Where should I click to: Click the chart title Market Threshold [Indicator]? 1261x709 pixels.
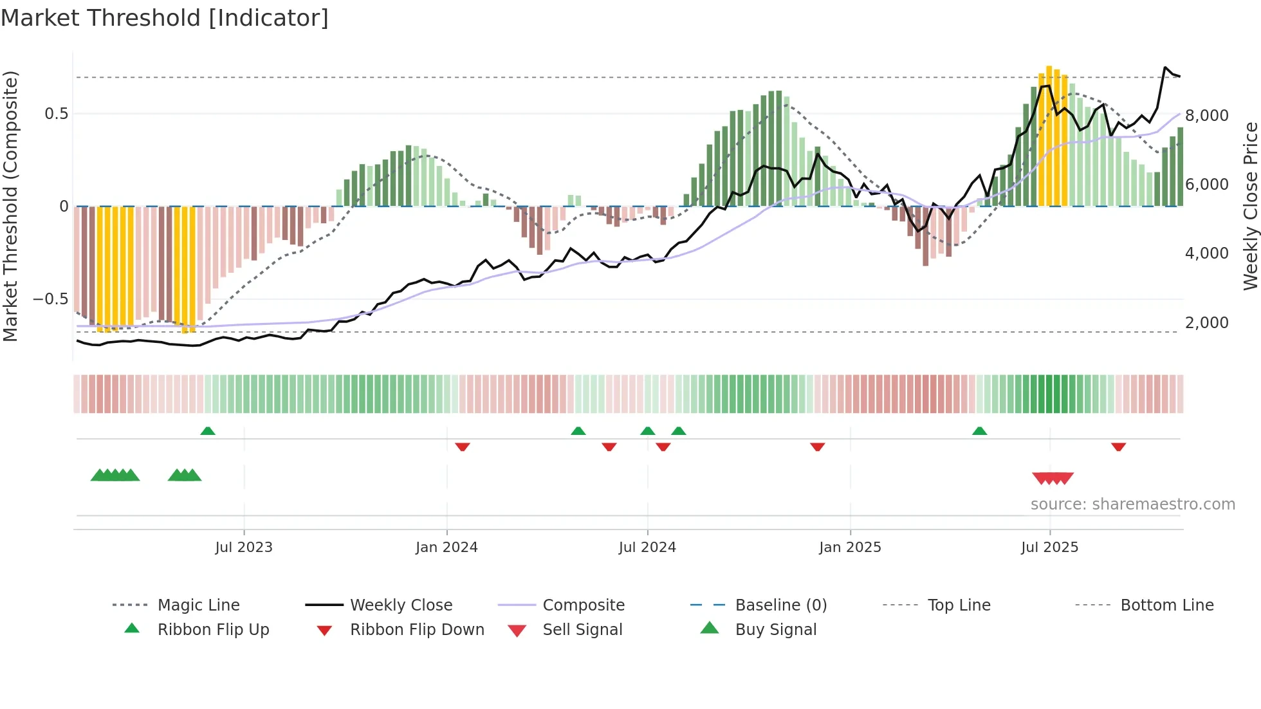[x=165, y=18]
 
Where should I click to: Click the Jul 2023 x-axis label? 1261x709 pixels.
[x=244, y=548]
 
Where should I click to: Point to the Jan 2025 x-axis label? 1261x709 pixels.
[x=850, y=548]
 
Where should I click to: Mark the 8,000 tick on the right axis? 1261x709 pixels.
[x=1206, y=116]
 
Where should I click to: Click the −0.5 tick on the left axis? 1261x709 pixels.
[x=50, y=299]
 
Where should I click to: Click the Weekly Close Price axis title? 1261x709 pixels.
[x=1250, y=206]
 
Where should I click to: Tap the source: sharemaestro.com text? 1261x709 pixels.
[x=1132, y=504]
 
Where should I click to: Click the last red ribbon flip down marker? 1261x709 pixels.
[x=1118, y=447]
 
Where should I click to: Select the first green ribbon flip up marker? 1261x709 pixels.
[x=207, y=431]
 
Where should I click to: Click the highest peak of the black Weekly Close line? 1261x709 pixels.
[x=1165, y=67]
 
